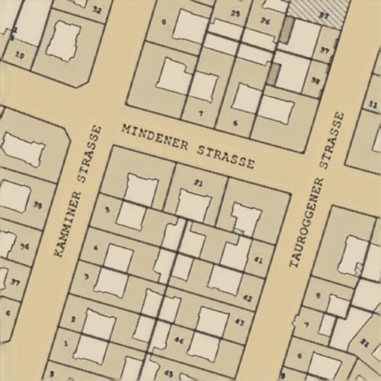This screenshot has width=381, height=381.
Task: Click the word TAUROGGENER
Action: point(306,223)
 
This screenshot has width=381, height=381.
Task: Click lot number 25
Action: point(235,14)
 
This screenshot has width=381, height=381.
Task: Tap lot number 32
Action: point(96,11)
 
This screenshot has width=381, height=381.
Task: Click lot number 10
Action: point(20,56)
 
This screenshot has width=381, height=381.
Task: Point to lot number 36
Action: point(24,245)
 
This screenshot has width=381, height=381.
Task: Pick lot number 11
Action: point(372,104)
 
